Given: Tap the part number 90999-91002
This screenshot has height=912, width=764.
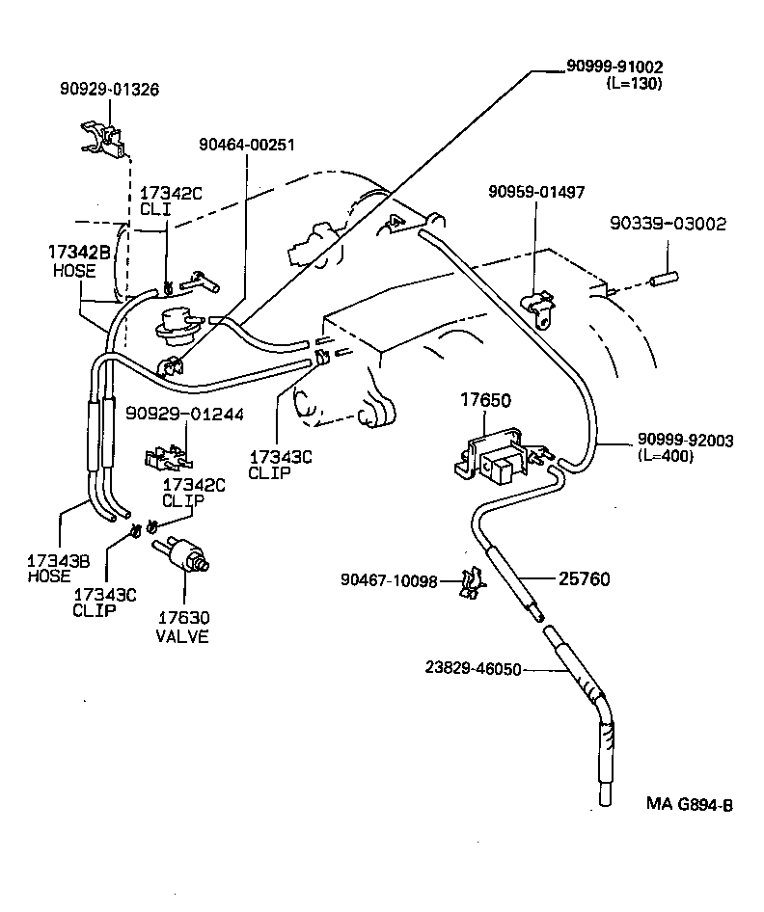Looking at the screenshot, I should pos(614,67).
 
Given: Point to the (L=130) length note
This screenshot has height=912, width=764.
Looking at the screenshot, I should pos(634,84).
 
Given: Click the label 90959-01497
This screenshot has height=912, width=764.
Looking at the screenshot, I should pos(535,193).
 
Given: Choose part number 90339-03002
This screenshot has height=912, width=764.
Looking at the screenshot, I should pos(668,223).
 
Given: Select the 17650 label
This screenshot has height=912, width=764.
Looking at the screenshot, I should pos(486,398).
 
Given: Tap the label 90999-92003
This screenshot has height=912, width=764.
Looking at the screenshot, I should pos(686,441).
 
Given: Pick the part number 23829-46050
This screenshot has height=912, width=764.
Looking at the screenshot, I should pos(474,667).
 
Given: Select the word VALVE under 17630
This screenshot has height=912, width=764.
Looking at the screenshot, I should pos(183,637).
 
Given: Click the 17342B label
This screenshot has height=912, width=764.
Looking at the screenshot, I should pos(77,254).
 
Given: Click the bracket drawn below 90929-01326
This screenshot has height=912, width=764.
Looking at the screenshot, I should pos(102,136).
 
